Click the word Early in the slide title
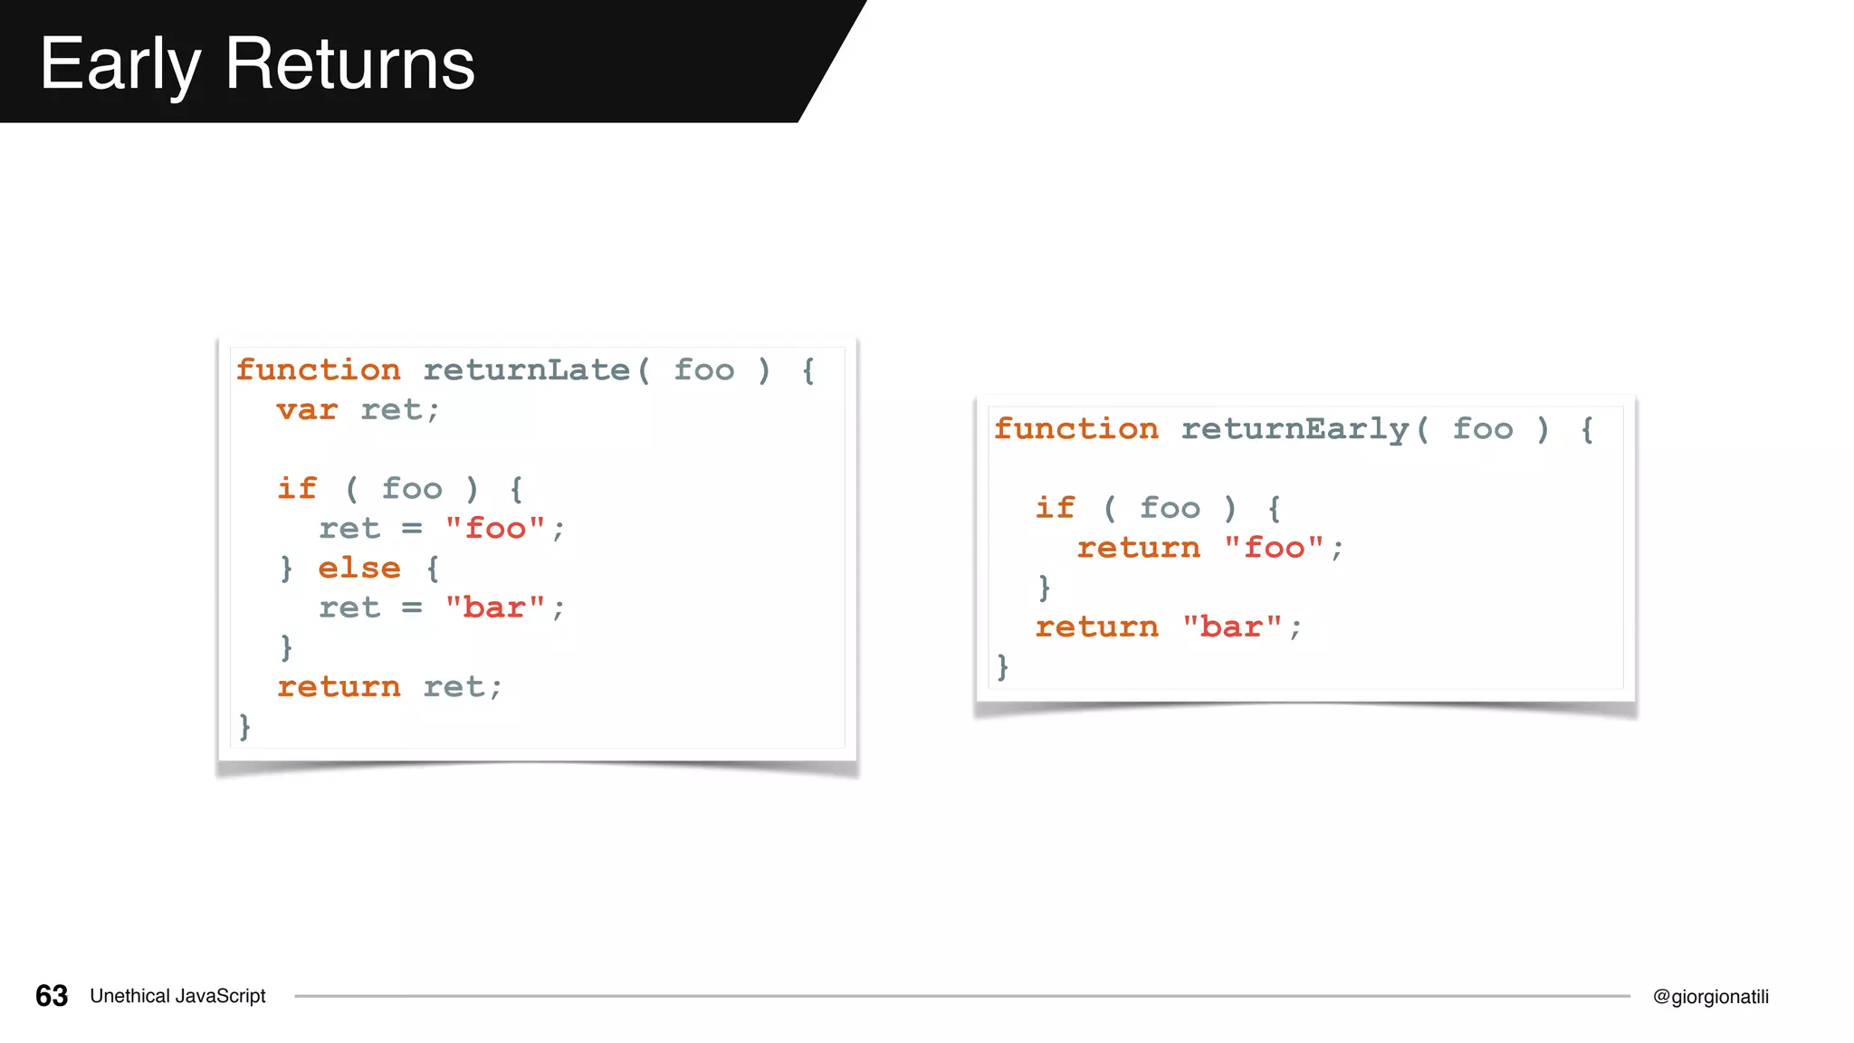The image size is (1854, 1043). [119, 65]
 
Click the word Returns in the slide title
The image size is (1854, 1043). [349, 65]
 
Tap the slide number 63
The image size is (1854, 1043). [52, 996]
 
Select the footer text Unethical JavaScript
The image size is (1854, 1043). [177, 996]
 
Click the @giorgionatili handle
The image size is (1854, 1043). [1710, 997]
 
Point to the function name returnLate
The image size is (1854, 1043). [526, 370]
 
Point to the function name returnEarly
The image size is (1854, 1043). [1295, 429]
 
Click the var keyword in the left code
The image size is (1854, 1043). [307, 410]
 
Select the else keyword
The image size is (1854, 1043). [358, 569]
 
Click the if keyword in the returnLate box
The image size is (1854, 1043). [297, 489]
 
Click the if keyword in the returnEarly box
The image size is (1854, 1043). [1055, 508]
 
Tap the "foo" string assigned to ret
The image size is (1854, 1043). [494, 529]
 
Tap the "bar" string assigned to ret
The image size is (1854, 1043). [494, 608]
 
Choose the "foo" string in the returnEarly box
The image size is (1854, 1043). [1274, 548]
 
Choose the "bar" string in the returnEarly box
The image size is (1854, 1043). [1232, 627]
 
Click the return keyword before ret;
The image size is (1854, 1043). [339, 687]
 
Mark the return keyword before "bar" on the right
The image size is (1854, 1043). [1096, 627]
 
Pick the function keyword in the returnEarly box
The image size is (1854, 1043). [1075, 429]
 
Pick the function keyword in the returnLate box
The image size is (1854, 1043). [318, 370]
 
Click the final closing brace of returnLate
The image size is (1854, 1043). [244, 726]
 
